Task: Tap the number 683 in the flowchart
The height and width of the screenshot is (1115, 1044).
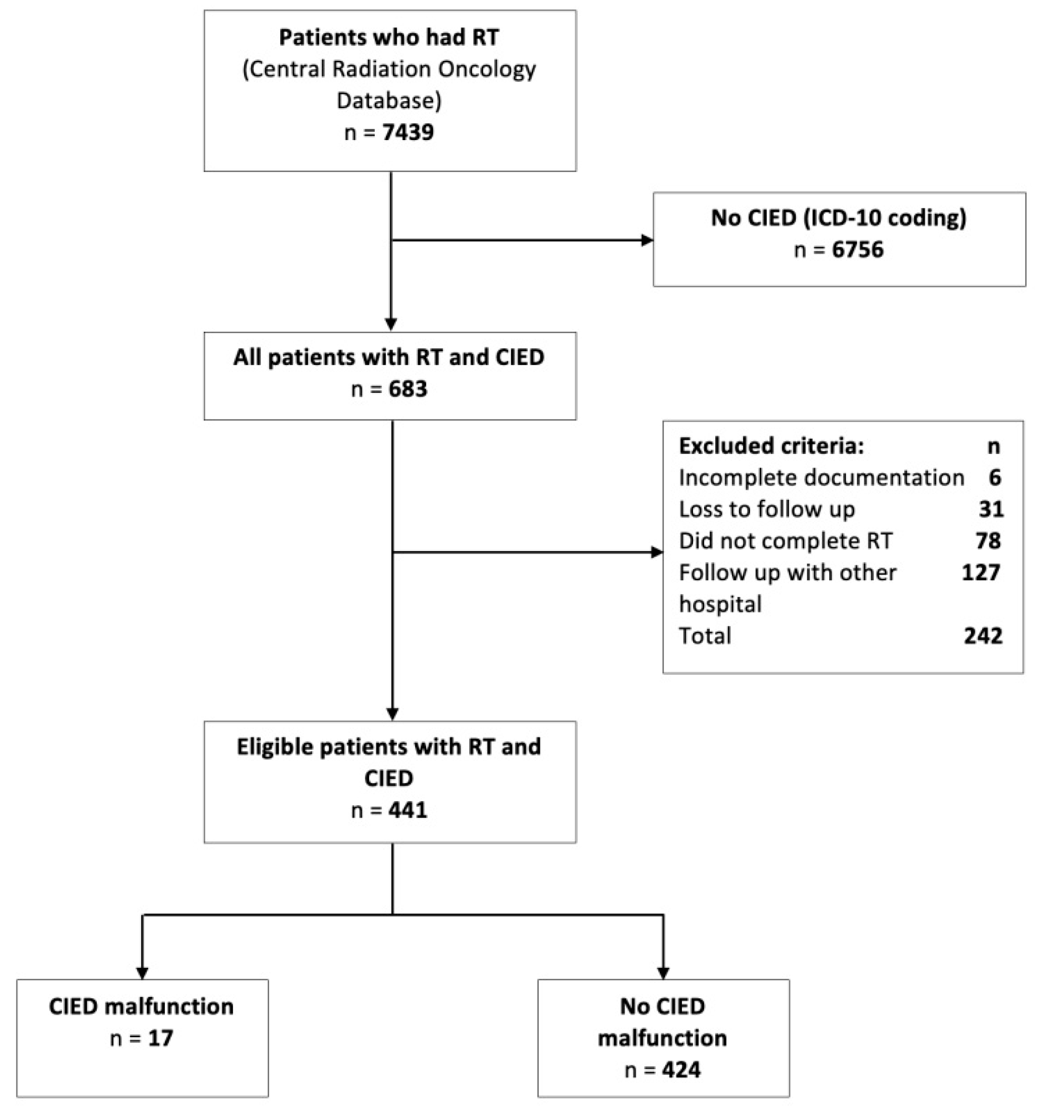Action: (408, 389)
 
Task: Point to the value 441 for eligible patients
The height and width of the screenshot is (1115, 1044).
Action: (408, 810)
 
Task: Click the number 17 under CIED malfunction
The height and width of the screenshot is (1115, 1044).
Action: (160, 1038)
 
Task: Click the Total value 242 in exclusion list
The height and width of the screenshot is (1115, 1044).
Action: (983, 636)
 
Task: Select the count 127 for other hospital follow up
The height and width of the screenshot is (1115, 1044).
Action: (981, 573)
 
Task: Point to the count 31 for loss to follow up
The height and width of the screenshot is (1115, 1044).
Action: (991, 509)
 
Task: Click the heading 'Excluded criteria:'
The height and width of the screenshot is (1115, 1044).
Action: (771, 446)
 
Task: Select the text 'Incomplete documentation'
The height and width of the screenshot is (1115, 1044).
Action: (821, 477)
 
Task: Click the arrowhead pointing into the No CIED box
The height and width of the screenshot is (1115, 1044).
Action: (647, 240)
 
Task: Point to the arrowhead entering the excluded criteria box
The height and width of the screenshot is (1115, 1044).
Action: (657, 552)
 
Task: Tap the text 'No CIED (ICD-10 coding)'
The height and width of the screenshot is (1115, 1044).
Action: (839, 218)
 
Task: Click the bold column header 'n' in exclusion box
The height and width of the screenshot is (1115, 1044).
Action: (994, 446)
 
